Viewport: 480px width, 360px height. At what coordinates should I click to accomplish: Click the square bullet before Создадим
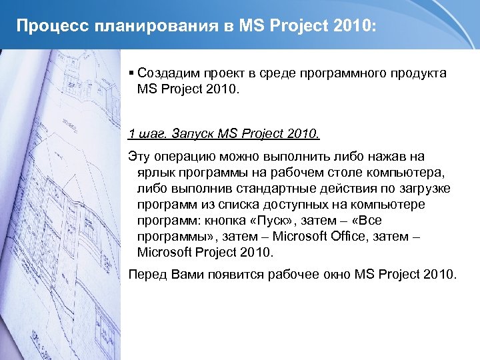click(x=132, y=73)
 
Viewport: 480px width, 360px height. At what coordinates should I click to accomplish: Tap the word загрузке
click(x=423, y=189)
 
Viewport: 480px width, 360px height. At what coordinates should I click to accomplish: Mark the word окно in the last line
click(x=334, y=274)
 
